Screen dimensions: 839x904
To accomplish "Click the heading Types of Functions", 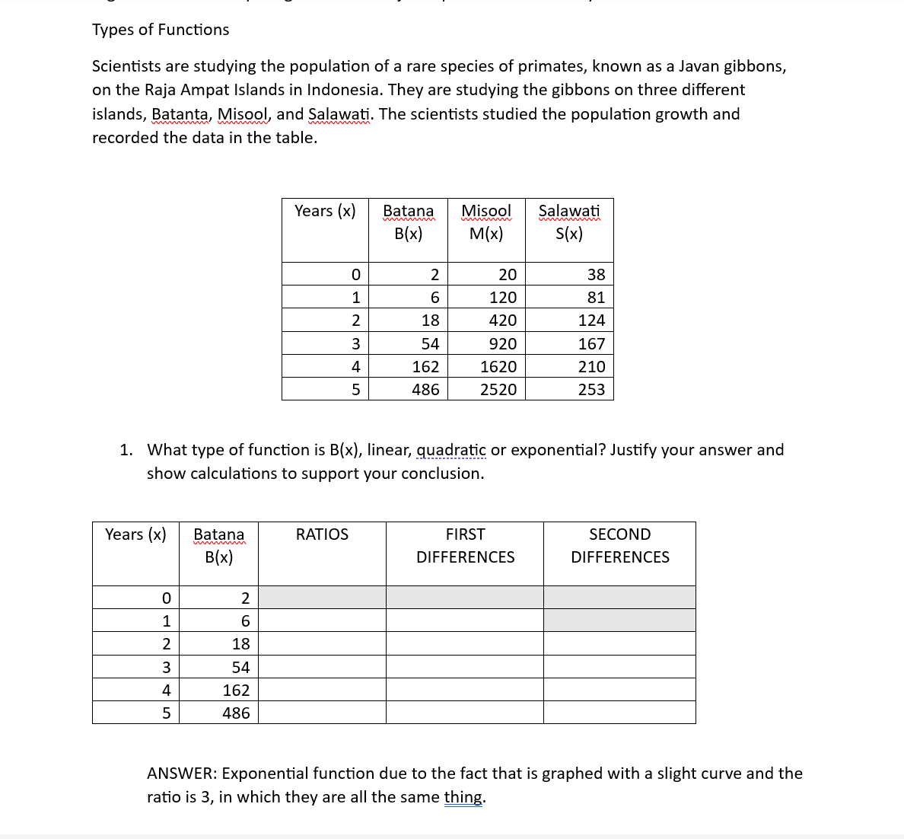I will click(161, 30).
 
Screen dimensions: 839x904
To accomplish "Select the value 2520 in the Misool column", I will click(498, 390).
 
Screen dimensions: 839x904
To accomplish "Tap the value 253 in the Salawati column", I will click(591, 390).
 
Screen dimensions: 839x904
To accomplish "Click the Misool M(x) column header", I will click(486, 222).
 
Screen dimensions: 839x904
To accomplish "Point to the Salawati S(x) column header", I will click(569, 222).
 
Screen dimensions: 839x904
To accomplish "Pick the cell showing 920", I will click(502, 344).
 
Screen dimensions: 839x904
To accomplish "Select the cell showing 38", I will click(596, 275).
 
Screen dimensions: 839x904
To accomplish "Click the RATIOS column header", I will click(322, 534).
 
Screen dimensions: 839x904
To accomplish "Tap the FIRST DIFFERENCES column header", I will click(465, 546).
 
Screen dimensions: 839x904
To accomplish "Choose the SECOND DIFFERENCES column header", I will click(619, 546).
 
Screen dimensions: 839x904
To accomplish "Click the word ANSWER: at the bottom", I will click(182, 774).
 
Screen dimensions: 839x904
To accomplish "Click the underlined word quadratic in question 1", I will click(451, 450).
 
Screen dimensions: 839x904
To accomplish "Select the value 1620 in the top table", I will click(498, 367).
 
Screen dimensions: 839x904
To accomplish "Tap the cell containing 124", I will click(591, 321).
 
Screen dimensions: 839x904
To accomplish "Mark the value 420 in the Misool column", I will click(502, 321).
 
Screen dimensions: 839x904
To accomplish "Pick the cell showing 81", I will click(596, 298).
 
